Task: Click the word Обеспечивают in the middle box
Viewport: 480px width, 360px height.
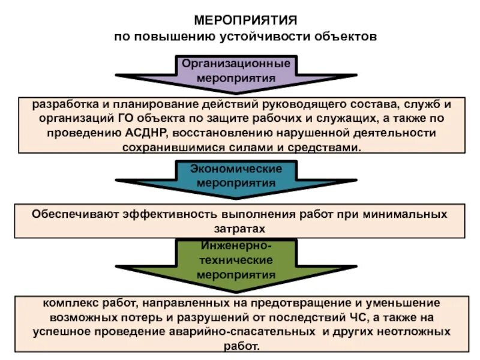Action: [x=75, y=214]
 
